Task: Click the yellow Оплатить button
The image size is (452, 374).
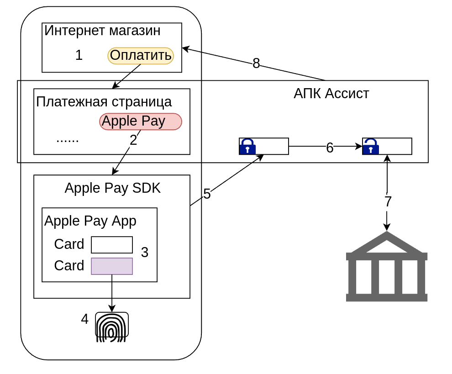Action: pos(141,56)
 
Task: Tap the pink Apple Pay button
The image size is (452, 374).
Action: pos(141,121)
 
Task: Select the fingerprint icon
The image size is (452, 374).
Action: pos(112,327)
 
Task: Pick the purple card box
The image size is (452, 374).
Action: pos(112,266)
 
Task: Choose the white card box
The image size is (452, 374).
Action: pos(112,245)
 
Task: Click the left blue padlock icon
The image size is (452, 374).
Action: pos(247,147)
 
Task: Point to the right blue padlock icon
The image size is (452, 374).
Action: pos(371,147)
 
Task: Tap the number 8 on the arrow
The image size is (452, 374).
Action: pos(256,63)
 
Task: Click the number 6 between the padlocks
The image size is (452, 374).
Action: pos(330,147)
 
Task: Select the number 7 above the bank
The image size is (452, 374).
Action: pos(388,201)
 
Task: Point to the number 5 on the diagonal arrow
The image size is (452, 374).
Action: pos(207,194)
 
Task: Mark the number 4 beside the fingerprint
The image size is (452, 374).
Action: pos(84,319)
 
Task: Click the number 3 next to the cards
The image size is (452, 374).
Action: pos(145,253)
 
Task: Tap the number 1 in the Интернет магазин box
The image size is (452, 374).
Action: pos(79,55)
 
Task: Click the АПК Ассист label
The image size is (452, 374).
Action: pos(331,94)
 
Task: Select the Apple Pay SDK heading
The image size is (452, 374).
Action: pos(113,188)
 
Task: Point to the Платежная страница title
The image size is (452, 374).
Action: pos(104,102)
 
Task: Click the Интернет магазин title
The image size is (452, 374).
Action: pos(102,31)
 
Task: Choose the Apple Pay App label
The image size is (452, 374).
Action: pos(90,221)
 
